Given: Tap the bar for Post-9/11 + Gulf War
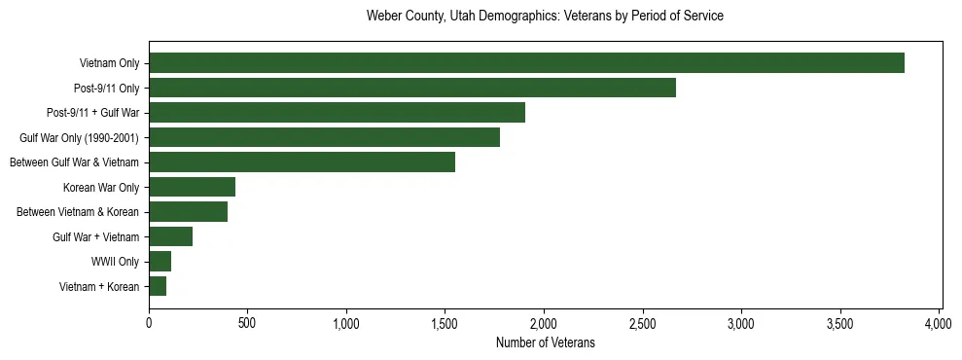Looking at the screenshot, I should (337, 113).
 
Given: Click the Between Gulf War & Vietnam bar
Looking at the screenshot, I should (302, 162).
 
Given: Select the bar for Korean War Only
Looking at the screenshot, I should (192, 187).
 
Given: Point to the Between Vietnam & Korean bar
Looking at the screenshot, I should (188, 212).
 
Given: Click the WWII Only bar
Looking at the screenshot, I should (160, 262).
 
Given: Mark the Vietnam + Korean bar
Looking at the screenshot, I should (158, 286).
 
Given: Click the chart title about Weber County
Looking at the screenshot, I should (545, 17).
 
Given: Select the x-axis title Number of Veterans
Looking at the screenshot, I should (545, 343).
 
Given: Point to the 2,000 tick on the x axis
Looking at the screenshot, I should (544, 323).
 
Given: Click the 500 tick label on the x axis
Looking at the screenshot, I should (247, 323).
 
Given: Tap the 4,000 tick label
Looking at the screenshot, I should (939, 323).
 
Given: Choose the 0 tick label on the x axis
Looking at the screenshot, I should (149, 323).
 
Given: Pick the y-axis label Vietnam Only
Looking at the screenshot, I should (109, 63).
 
